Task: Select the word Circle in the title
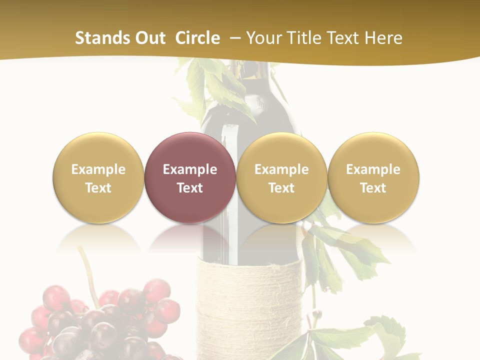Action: (x=197, y=38)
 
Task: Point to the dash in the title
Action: (x=235, y=38)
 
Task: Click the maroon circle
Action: (x=190, y=177)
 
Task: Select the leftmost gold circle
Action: (x=98, y=177)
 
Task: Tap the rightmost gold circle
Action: (x=373, y=177)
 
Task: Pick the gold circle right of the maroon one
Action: (x=281, y=177)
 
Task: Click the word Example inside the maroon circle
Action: (x=190, y=169)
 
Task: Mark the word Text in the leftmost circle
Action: (x=98, y=188)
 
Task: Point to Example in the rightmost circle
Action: (x=373, y=169)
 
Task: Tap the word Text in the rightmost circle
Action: (x=373, y=188)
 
